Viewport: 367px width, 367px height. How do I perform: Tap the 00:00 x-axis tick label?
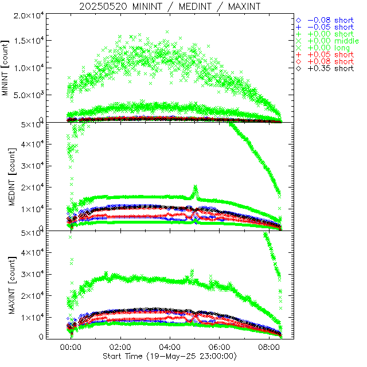[x=71, y=348]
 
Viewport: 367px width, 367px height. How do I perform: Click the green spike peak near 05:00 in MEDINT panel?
[x=196, y=187]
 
